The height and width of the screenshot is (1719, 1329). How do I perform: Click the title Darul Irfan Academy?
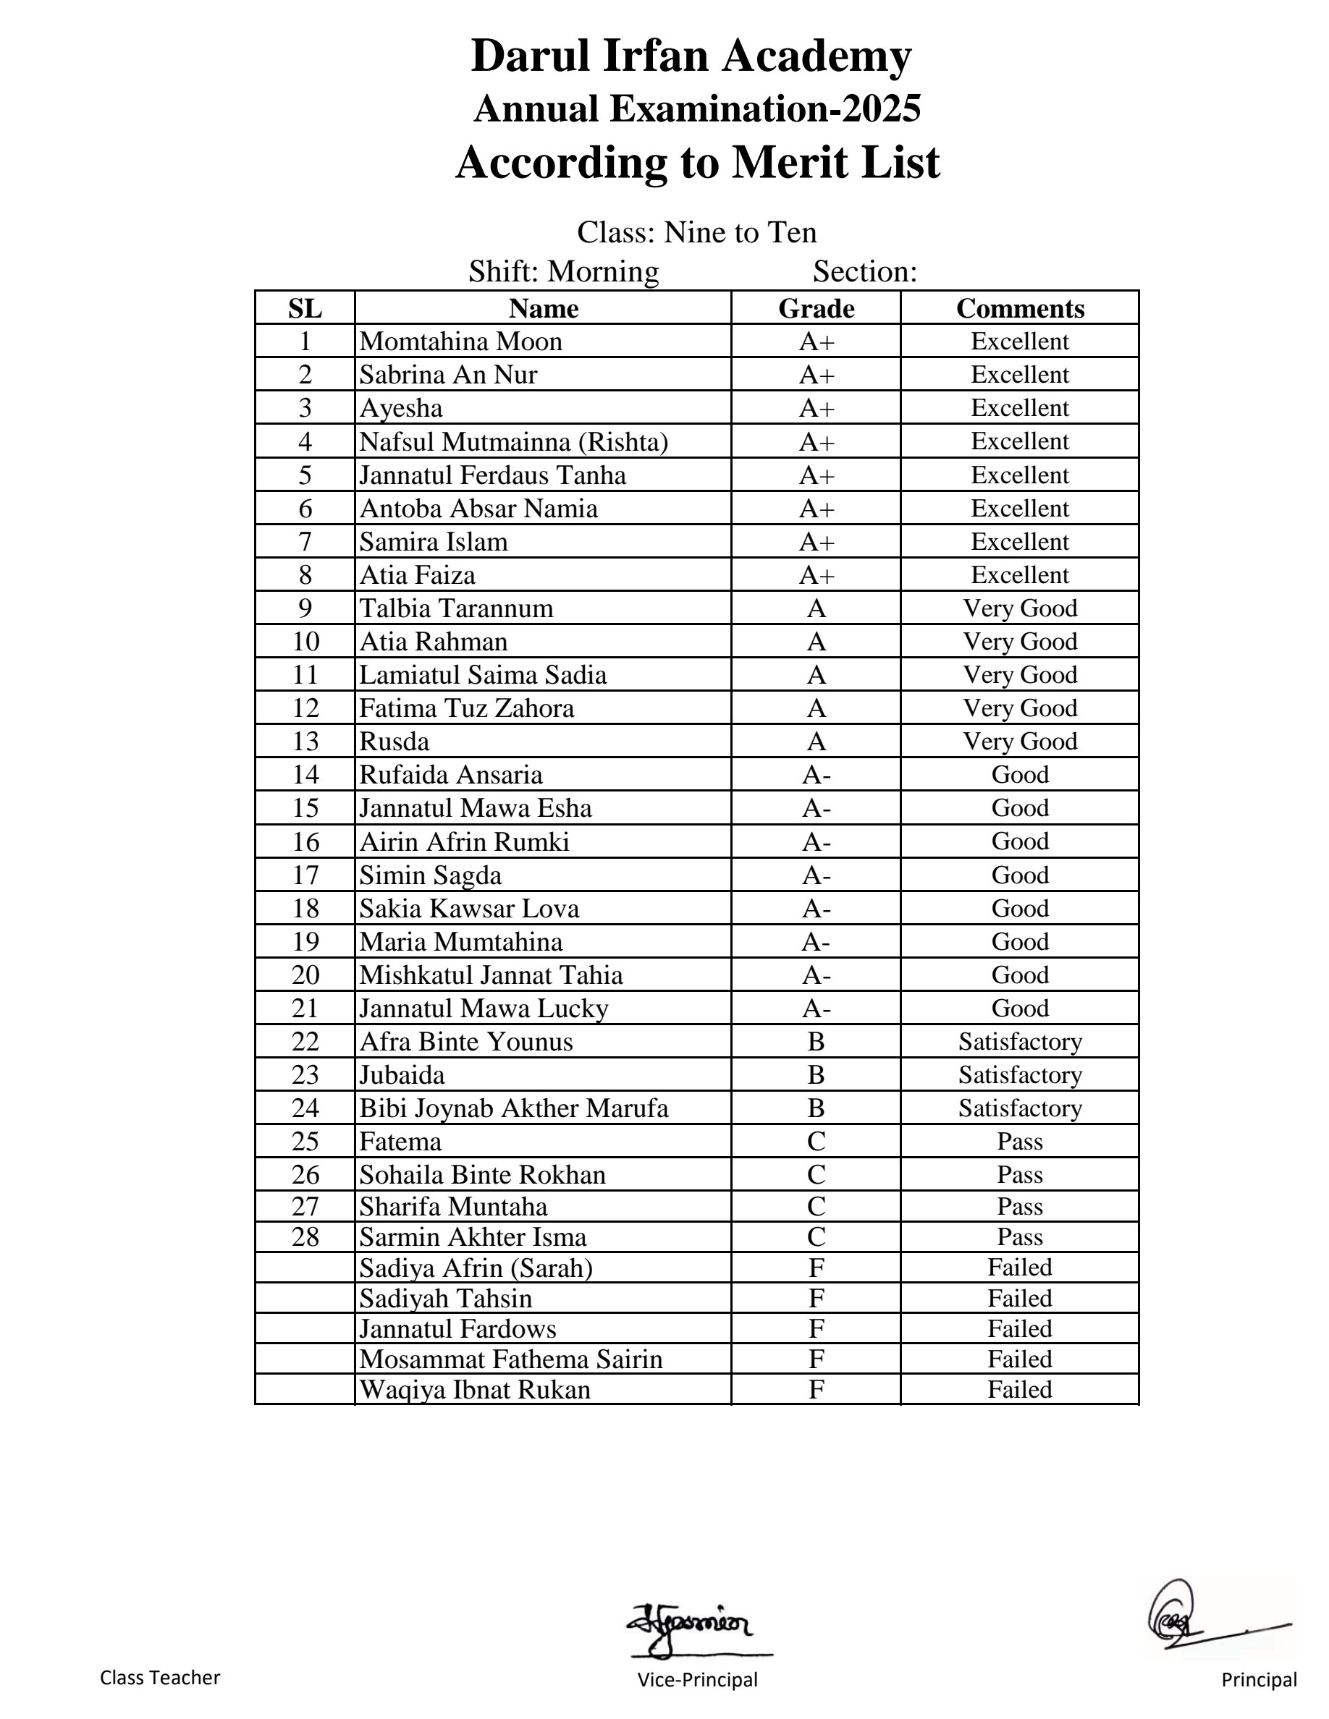pos(691,56)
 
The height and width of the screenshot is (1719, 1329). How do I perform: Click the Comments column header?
pos(1020,308)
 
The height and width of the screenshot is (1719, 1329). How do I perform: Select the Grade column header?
pos(816,308)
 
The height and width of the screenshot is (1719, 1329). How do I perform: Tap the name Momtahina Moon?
pos(460,341)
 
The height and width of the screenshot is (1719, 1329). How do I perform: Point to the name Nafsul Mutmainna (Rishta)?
pos(513,441)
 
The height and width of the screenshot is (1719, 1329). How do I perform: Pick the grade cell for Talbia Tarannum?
pos(816,608)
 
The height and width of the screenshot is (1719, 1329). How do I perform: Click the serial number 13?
pos(305,742)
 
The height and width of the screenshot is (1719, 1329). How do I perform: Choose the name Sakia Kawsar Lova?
pos(468,908)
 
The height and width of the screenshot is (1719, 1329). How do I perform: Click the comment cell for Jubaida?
pos(1020,1075)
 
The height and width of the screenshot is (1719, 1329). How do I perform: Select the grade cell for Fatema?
pos(816,1141)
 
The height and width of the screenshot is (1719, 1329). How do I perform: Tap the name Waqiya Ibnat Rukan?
pos(475,1389)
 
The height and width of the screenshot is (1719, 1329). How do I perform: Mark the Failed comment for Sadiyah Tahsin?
pos(1020,1298)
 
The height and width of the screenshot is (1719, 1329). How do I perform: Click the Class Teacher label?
pos(160,1677)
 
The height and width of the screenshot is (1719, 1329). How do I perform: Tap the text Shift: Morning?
pos(564,271)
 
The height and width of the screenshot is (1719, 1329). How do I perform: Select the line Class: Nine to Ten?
pos(697,232)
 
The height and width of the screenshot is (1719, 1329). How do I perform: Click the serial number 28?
pos(305,1237)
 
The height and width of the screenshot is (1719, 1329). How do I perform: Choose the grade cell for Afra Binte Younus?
pos(816,1042)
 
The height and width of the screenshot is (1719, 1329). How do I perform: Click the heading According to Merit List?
pos(698,163)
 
